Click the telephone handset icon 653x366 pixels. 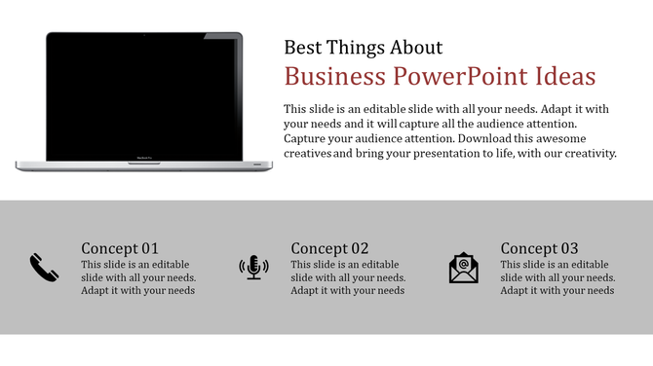[x=44, y=267]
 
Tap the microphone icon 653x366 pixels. [x=253, y=267]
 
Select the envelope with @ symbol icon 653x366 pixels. [x=464, y=268]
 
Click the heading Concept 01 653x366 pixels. [x=120, y=248]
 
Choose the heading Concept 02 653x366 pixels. [x=329, y=248]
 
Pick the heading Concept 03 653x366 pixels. [x=539, y=248]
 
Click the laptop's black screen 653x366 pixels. [x=143, y=97]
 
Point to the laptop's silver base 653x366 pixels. [x=143, y=165]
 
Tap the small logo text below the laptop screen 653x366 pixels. [x=144, y=157]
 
